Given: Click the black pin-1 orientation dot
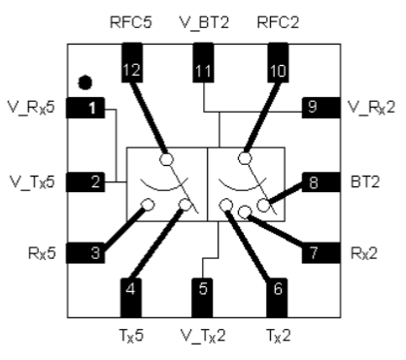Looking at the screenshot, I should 85,82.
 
